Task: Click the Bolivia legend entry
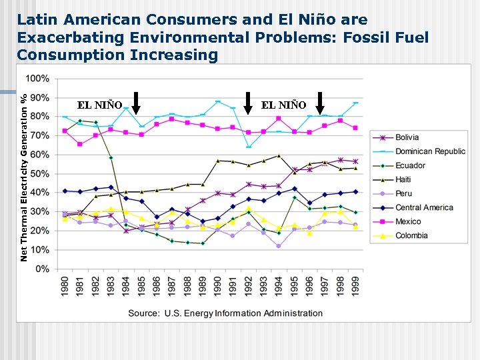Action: (407, 137)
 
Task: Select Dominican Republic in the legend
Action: (430, 151)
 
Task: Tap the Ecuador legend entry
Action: (409, 165)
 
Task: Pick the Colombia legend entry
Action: (411, 235)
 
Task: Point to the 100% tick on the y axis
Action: (37, 79)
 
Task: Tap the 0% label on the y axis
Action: (42, 269)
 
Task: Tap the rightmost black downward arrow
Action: (321, 103)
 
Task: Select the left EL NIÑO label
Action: (100, 105)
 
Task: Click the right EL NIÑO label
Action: (284, 105)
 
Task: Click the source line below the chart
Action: (225, 313)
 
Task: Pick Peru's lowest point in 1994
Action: (279, 246)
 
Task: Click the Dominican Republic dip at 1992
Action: (249, 147)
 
